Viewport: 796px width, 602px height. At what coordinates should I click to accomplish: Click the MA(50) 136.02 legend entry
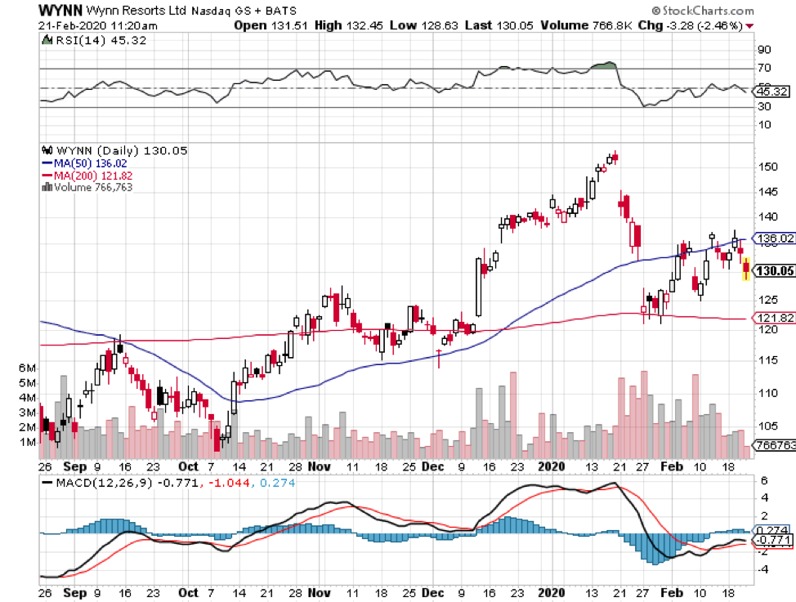84,163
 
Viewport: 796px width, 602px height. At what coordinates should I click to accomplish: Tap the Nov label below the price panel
321,466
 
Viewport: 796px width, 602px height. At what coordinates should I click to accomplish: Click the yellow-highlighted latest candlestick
745,268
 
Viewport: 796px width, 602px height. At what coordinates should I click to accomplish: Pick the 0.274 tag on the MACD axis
775,530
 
